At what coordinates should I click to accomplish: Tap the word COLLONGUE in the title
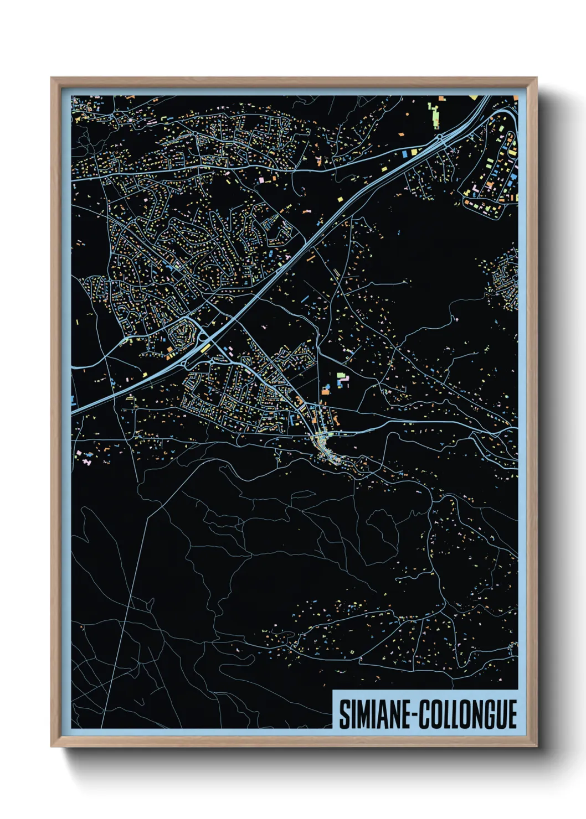tap(468, 714)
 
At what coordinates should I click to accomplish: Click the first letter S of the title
tap(343, 714)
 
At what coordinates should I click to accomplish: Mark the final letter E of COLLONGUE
tap(511, 714)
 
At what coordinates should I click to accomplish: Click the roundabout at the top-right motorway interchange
tap(439, 136)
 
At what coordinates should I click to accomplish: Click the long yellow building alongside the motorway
tap(204, 348)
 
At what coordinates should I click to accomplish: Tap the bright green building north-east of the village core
tap(340, 376)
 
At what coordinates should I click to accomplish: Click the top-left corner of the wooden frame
tap(52, 78)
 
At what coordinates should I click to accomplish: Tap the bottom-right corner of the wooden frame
tap(536, 746)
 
